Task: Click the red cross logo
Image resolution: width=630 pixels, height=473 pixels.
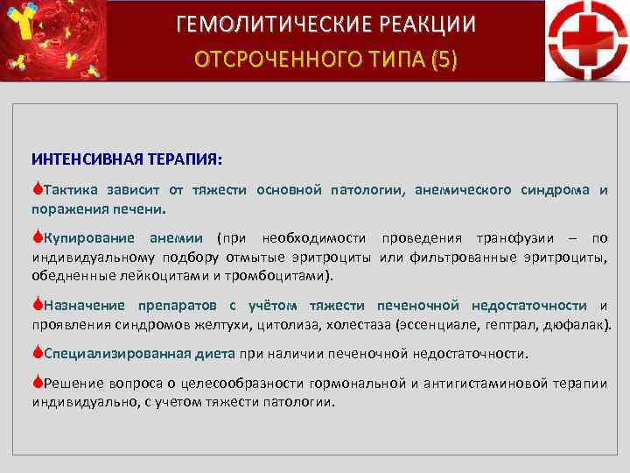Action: point(586,41)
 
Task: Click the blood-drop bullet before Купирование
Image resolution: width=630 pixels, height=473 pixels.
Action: point(37,238)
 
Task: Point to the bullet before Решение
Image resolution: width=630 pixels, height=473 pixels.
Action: point(37,383)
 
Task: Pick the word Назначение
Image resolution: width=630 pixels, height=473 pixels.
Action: point(84,306)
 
